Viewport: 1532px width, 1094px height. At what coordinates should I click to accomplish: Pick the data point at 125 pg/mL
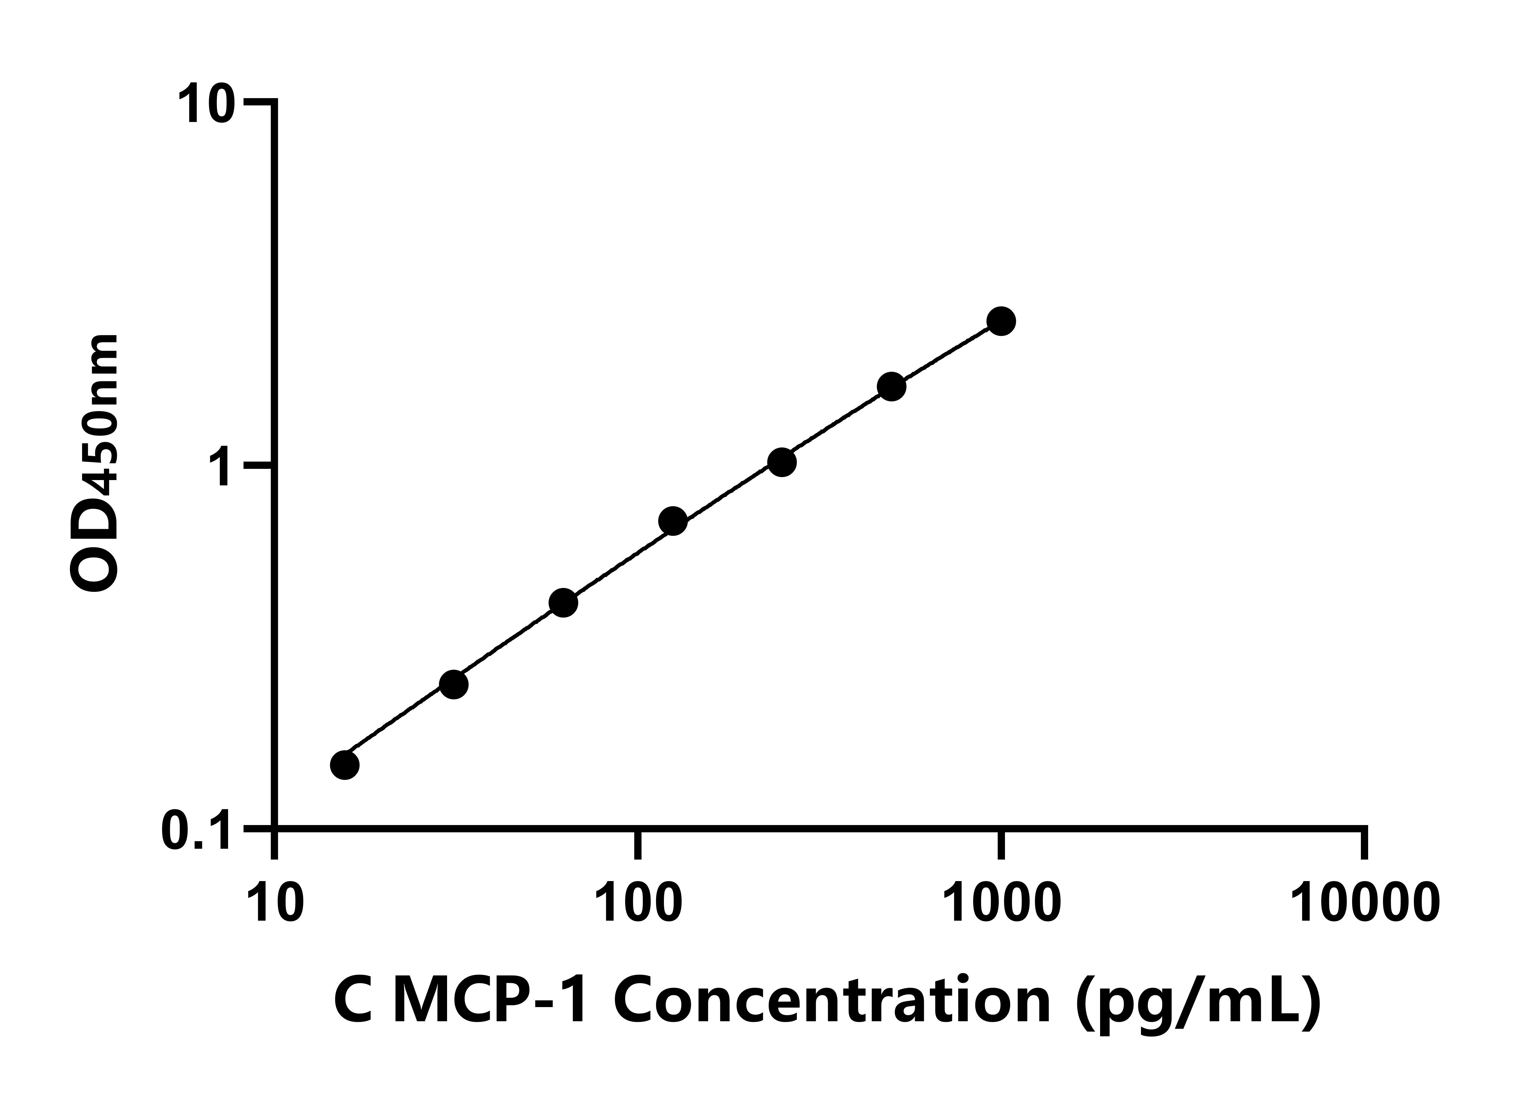(x=672, y=521)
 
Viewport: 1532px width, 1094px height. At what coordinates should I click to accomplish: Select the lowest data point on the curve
(x=345, y=765)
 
